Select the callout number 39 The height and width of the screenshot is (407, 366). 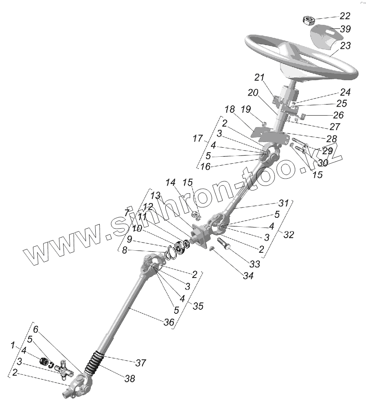pos(345,29)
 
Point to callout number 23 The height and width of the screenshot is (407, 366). pos(345,46)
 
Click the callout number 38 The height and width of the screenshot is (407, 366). pos(129,379)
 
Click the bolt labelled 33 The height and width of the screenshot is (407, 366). pos(224,246)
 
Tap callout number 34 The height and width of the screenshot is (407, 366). pos(248,276)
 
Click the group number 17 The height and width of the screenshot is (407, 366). pos(197,139)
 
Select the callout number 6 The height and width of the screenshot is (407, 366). pos(35,329)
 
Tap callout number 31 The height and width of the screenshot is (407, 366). pos(283,203)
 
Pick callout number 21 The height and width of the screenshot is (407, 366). pos(259,77)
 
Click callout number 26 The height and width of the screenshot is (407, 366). pos(338,115)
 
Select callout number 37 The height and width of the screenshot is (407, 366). pos(140,362)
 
